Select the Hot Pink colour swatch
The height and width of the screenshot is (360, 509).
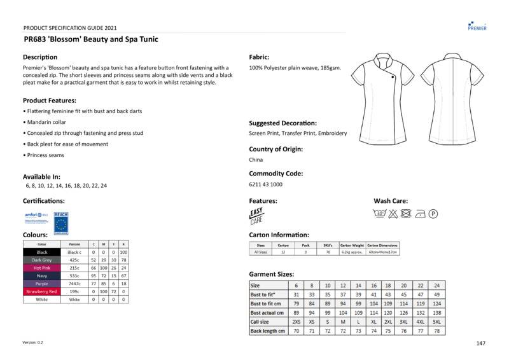point(41,268)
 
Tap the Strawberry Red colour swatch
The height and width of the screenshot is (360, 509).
point(41,291)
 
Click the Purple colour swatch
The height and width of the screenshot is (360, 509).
point(41,284)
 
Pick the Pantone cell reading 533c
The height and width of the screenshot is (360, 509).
point(74,276)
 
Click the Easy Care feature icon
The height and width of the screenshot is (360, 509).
point(256,216)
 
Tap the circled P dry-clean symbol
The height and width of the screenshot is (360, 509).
point(433,214)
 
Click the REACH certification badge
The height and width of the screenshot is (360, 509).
point(61,221)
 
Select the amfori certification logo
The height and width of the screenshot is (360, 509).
point(36,216)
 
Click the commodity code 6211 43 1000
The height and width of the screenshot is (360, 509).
point(265,184)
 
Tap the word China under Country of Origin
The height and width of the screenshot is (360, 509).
point(256,160)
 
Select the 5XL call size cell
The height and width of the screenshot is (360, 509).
point(436,322)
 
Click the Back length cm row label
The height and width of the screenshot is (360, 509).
point(268,331)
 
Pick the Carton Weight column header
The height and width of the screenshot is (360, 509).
point(352,245)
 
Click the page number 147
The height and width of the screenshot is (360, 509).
point(480,343)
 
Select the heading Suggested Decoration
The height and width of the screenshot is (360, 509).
point(282,123)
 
